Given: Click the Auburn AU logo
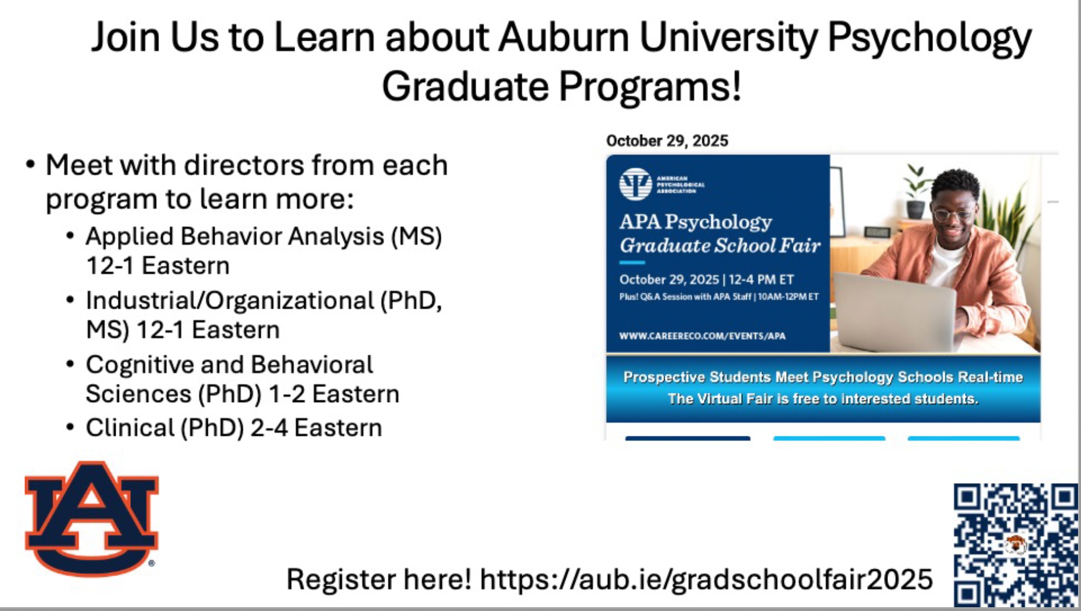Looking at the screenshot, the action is (x=91, y=518).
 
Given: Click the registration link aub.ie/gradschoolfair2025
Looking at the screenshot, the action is (x=706, y=579).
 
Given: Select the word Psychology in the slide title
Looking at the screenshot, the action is (x=929, y=38).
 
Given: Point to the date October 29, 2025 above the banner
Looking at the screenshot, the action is (x=667, y=141).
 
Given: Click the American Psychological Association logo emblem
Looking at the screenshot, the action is (x=635, y=184).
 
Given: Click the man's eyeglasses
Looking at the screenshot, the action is (x=954, y=214).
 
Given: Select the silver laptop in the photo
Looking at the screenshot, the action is (x=895, y=311).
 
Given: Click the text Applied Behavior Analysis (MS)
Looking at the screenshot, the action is (x=264, y=236).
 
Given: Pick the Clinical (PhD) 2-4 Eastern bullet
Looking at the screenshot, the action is (x=234, y=428).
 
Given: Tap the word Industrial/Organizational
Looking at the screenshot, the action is (x=230, y=301).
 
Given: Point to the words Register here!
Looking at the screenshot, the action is (x=379, y=579).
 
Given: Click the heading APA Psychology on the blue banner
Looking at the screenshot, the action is (x=695, y=221).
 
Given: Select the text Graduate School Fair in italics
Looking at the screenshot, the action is (x=720, y=246).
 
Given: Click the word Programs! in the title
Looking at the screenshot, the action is (x=649, y=87).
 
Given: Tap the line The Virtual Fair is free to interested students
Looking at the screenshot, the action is (x=823, y=399).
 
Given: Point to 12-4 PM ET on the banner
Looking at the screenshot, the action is (x=761, y=280).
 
